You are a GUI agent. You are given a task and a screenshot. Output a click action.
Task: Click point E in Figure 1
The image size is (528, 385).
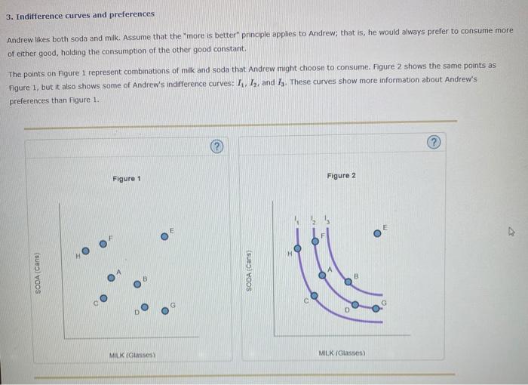coord(164,236)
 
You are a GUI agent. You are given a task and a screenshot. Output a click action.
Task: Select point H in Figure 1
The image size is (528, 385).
coord(84,251)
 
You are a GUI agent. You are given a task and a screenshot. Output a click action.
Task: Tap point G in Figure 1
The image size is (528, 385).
coord(164,310)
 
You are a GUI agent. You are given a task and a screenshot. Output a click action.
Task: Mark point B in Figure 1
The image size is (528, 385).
coord(137,284)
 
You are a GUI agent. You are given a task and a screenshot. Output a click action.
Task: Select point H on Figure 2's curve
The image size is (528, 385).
coord(297,248)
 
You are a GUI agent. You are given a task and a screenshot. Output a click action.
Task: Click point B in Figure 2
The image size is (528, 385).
coord(348,282)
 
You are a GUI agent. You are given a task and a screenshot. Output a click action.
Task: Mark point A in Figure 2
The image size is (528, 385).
coord(322,276)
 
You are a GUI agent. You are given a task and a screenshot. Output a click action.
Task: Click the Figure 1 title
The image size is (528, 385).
coord(126,179)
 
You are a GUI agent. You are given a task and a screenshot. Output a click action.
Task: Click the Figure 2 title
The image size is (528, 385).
coord(341,176)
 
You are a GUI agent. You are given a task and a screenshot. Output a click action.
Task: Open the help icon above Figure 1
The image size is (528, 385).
coord(216,145)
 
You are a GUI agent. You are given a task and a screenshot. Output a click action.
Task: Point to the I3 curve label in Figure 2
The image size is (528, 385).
coord(326,220)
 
